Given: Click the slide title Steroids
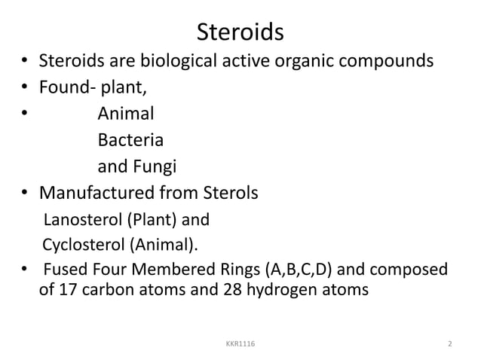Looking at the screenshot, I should [240, 32].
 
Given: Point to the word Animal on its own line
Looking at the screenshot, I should [126, 114].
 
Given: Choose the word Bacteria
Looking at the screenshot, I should [130, 141].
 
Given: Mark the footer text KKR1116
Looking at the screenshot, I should [240, 344].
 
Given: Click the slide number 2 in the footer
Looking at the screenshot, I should [449, 344].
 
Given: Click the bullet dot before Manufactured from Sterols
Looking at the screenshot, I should [25, 194].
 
